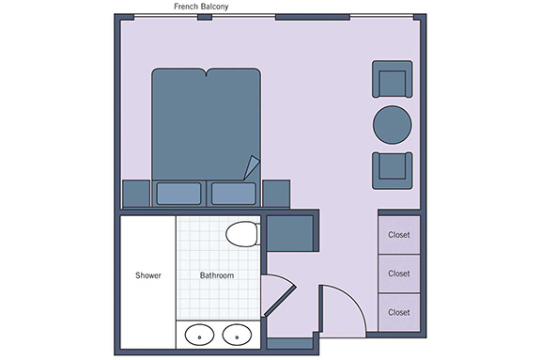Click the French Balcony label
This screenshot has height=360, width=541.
click(201, 7)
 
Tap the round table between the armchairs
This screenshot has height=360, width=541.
click(393, 125)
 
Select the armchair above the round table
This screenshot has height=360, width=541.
click(393, 79)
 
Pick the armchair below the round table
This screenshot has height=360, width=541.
click(393, 170)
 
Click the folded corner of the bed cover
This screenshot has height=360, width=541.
click(252, 167)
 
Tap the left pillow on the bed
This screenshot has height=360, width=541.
click(178, 194)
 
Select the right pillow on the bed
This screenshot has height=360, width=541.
click(234, 194)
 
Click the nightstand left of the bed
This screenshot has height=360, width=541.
click(136, 194)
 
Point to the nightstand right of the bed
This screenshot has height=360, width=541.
click(276, 194)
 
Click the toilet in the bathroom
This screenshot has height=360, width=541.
click(242, 234)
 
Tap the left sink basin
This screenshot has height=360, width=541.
click(199, 335)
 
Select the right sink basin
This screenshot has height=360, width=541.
click(237, 335)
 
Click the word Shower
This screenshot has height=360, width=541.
click(148, 275)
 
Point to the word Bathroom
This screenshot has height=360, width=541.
click(217, 275)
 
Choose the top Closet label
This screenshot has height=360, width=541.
click(399, 235)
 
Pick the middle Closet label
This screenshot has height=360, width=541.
click(399, 274)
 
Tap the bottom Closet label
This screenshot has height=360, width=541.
click(399, 312)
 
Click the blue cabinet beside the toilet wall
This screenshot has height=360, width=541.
click(290, 233)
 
